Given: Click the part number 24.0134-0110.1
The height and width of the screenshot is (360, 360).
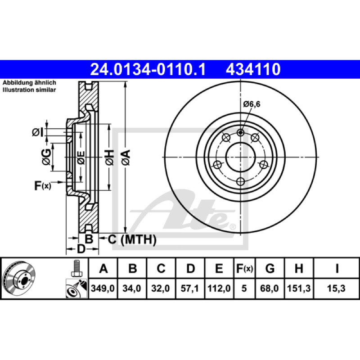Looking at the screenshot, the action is (x=148, y=69).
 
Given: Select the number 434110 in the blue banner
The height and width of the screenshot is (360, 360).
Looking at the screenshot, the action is (x=253, y=69).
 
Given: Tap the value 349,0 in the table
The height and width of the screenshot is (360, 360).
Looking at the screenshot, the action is (x=103, y=288).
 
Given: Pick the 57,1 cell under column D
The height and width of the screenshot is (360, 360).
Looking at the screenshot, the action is (x=189, y=288).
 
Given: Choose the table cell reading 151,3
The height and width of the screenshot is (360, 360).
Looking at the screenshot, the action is (x=299, y=288).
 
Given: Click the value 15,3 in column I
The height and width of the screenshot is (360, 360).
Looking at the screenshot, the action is (x=336, y=288).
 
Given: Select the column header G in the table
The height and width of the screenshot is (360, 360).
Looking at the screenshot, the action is (x=270, y=268).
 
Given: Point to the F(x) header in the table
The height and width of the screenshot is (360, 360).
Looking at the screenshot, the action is (x=244, y=268).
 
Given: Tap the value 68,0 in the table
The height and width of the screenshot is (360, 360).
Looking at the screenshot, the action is (x=270, y=288).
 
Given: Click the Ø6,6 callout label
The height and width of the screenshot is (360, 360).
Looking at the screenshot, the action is (x=252, y=104).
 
